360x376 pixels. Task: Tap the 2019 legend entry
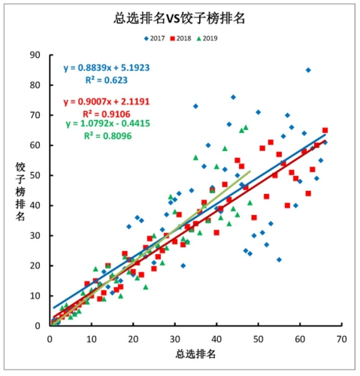(208, 38)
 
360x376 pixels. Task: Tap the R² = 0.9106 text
(101, 114)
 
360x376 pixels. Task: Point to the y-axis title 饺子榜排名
(23, 191)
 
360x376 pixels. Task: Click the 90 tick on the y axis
(35, 55)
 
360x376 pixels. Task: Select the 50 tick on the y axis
(35, 175)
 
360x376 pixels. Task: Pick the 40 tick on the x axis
(216, 338)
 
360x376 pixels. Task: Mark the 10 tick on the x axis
(91, 338)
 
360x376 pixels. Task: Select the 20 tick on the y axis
(35, 265)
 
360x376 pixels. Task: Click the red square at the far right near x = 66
(325, 130)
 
